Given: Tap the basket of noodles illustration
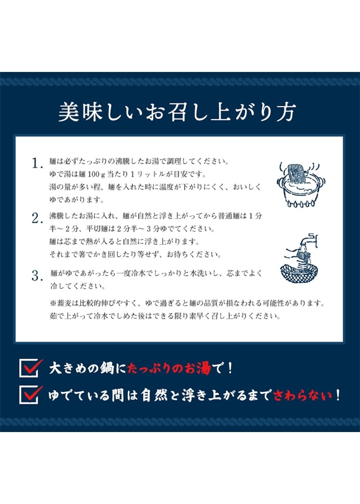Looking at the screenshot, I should (x=299, y=266).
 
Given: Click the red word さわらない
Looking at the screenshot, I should (x=303, y=395).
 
